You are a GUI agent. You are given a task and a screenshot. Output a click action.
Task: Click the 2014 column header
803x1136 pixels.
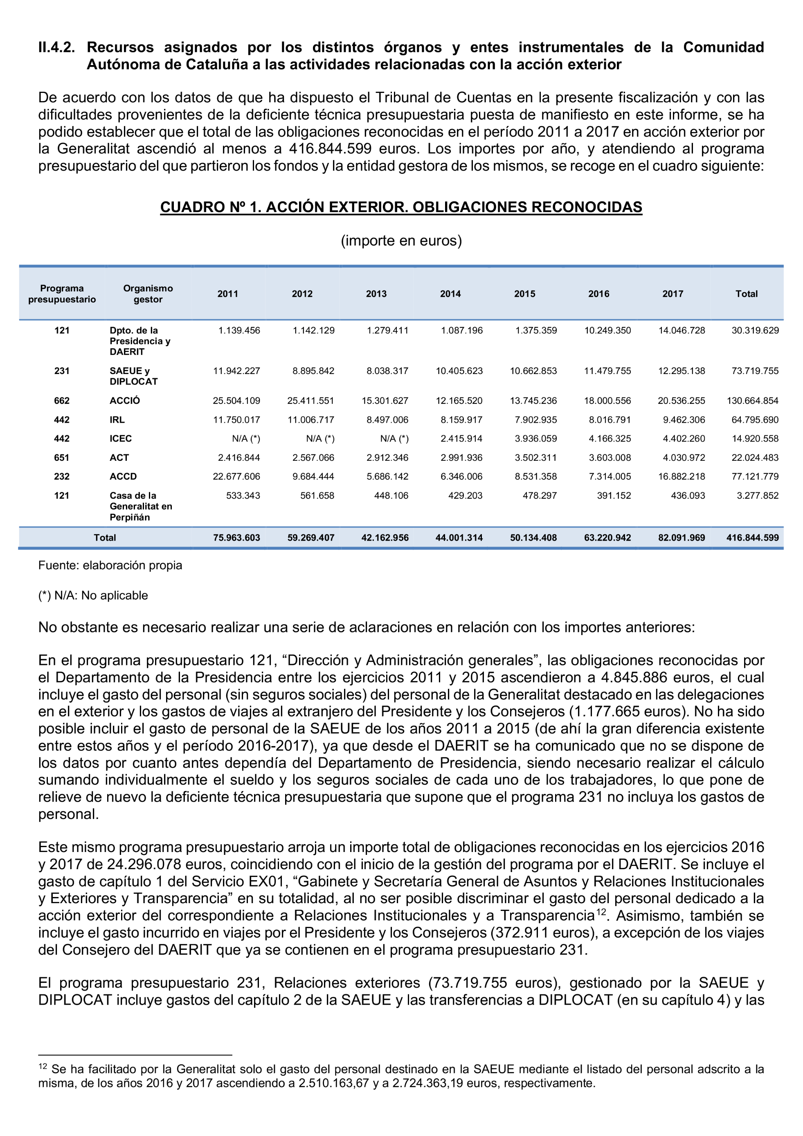click(450, 294)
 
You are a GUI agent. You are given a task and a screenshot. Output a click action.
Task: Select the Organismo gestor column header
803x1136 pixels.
click(148, 294)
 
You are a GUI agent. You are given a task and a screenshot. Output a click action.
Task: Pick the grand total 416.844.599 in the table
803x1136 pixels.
click(752, 538)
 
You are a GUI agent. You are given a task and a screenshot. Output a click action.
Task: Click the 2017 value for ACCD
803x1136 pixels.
click(682, 476)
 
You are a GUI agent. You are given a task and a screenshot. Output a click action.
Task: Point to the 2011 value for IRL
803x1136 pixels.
click(236, 420)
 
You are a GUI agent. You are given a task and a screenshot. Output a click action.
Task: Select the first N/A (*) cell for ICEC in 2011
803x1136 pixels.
click(246, 439)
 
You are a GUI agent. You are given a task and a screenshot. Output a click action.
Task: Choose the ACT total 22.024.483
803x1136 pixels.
click(755, 458)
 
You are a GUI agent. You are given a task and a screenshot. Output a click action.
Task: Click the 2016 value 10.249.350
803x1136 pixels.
click(607, 331)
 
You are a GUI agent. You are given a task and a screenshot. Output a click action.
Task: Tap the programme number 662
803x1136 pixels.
click(62, 401)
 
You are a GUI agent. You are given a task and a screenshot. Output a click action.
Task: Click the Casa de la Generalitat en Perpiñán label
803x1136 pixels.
click(140, 506)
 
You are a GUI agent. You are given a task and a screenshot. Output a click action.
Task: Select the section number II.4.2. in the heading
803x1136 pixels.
click(56, 47)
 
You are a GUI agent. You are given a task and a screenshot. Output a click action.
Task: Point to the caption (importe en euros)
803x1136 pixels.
click(401, 241)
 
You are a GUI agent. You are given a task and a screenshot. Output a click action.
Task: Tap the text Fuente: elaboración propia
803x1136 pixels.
click(110, 566)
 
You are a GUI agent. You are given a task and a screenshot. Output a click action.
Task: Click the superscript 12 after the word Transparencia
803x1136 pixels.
click(600, 911)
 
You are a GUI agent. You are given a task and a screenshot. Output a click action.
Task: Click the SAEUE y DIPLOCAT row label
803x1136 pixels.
click(133, 376)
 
